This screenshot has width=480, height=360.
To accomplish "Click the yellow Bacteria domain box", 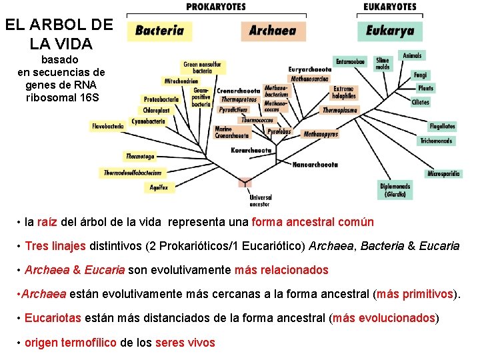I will point(160,31).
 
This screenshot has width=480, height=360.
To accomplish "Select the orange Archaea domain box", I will point(273,31).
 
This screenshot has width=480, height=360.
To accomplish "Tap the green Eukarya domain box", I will point(390,31).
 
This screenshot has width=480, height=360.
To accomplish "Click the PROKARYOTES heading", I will point(215,7).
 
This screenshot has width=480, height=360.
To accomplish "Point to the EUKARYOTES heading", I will point(390,7).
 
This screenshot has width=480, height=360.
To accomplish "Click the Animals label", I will point(412,56).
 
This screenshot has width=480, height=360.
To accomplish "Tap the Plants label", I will point(425,88).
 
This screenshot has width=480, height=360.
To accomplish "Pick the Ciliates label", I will point(420,102).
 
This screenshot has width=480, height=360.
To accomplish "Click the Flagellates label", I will point(442,126).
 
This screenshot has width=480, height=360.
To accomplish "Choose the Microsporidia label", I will point(443,174).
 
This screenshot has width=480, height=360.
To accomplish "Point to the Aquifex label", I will point(159,187).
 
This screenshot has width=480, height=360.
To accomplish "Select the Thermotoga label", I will point(140,157).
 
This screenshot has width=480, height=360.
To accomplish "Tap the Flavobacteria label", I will point(108,125).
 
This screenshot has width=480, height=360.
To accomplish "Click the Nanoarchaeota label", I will point(315,164).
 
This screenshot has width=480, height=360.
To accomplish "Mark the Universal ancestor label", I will point(260,201).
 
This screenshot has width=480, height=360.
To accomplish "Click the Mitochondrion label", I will point(181,81).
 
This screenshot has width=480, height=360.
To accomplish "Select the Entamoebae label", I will point(350,62).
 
